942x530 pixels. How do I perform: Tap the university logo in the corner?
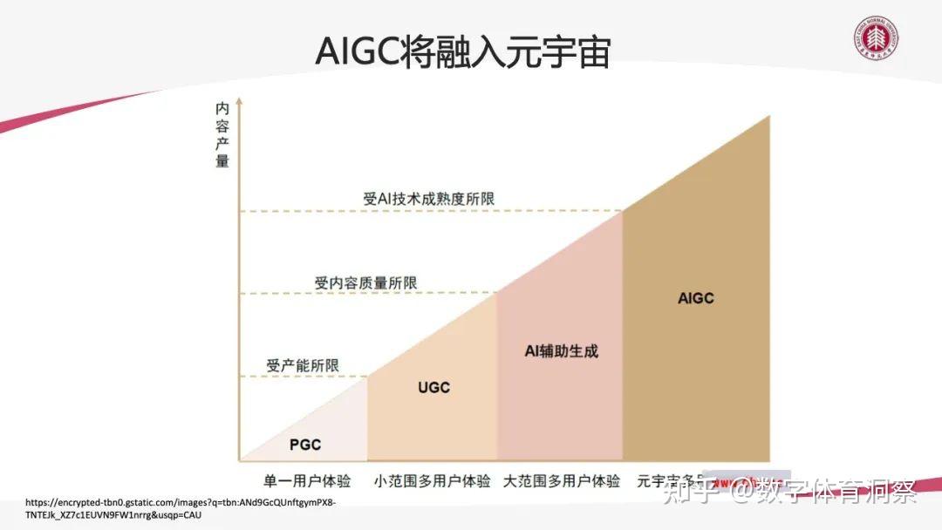point(876,41)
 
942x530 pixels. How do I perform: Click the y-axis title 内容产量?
point(222,135)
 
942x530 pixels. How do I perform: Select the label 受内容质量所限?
point(365,282)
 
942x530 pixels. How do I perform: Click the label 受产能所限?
point(303,365)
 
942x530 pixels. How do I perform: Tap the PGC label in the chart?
point(305,445)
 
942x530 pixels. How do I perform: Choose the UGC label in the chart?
point(433,387)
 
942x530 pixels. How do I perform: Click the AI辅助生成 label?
point(561,351)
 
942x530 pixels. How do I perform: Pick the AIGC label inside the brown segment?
point(696,298)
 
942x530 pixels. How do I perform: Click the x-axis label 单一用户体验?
point(307,481)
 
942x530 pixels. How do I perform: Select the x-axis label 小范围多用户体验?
point(433,481)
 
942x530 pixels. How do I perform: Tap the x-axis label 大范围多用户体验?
point(562,481)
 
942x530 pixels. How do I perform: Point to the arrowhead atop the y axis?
point(239,103)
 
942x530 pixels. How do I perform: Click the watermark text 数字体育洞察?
point(837,493)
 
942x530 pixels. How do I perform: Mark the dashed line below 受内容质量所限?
point(366,294)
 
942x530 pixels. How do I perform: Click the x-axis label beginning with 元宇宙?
point(668,481)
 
